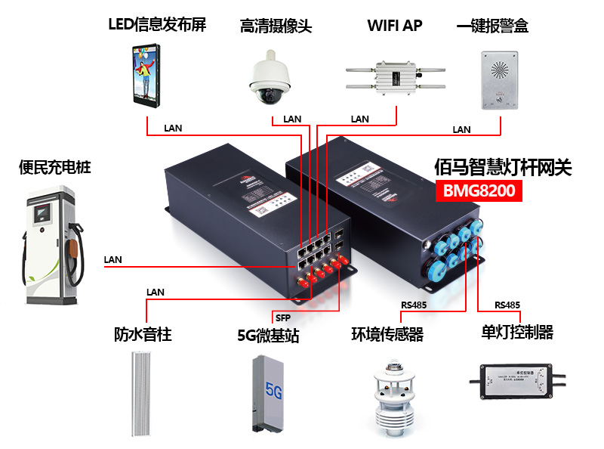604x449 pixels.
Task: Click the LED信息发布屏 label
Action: coord(156,25)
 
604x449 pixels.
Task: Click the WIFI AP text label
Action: coord(394,25)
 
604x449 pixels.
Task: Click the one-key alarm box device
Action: coord(500,78)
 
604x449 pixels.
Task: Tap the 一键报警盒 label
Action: coord(492,26)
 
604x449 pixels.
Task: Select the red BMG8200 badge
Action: coord(478,190)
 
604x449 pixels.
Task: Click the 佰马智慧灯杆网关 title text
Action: coord(504,167)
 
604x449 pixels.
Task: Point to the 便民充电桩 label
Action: coord(54,167)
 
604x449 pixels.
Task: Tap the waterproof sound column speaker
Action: coord(143,394)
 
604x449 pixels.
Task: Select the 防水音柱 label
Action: coord(143,333)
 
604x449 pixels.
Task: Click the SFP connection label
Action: coord(281,317)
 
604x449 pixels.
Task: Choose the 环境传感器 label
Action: coord(387,333)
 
